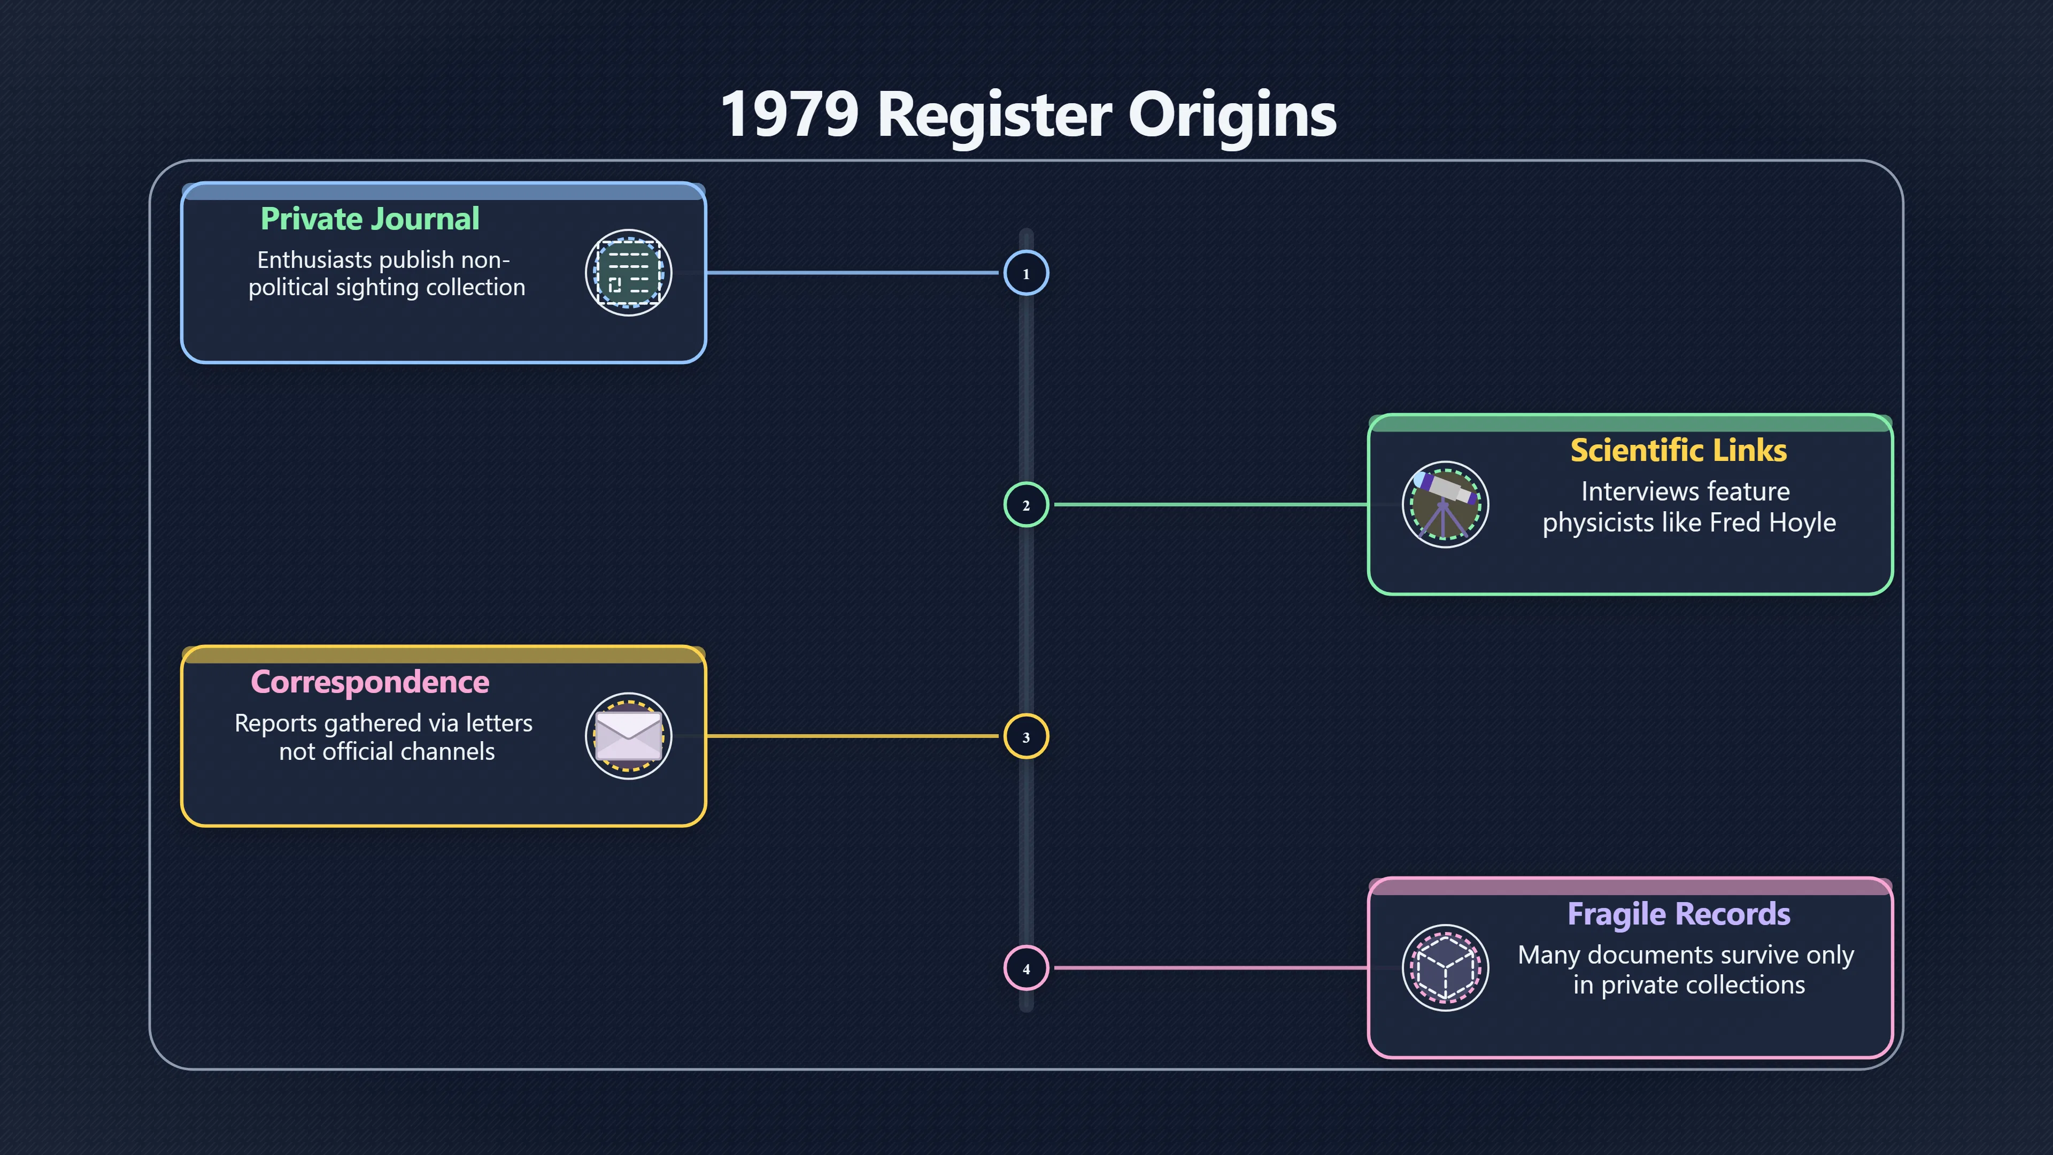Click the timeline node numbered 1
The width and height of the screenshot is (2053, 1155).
[1026, 273]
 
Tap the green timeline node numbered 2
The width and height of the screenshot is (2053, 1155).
[1026, 505]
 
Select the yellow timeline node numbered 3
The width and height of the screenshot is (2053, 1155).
[1026, 736]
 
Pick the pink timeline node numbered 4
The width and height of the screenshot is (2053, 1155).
[1026, 968]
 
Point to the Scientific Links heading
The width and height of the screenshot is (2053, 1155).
[1678, 450]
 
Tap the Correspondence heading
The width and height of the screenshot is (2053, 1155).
[370, 682]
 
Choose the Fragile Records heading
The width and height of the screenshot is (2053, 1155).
[1678, 914]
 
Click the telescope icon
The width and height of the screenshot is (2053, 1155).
[1445, 505]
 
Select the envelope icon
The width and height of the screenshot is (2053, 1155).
[628, 736]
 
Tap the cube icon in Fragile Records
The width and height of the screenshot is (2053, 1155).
[1445, 968]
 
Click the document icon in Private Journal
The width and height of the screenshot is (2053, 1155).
[628, 273]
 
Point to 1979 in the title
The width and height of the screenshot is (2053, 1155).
[790, 114]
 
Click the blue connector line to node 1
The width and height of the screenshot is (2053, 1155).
[853, 273]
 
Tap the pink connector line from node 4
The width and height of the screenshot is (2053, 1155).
[1210, 968]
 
